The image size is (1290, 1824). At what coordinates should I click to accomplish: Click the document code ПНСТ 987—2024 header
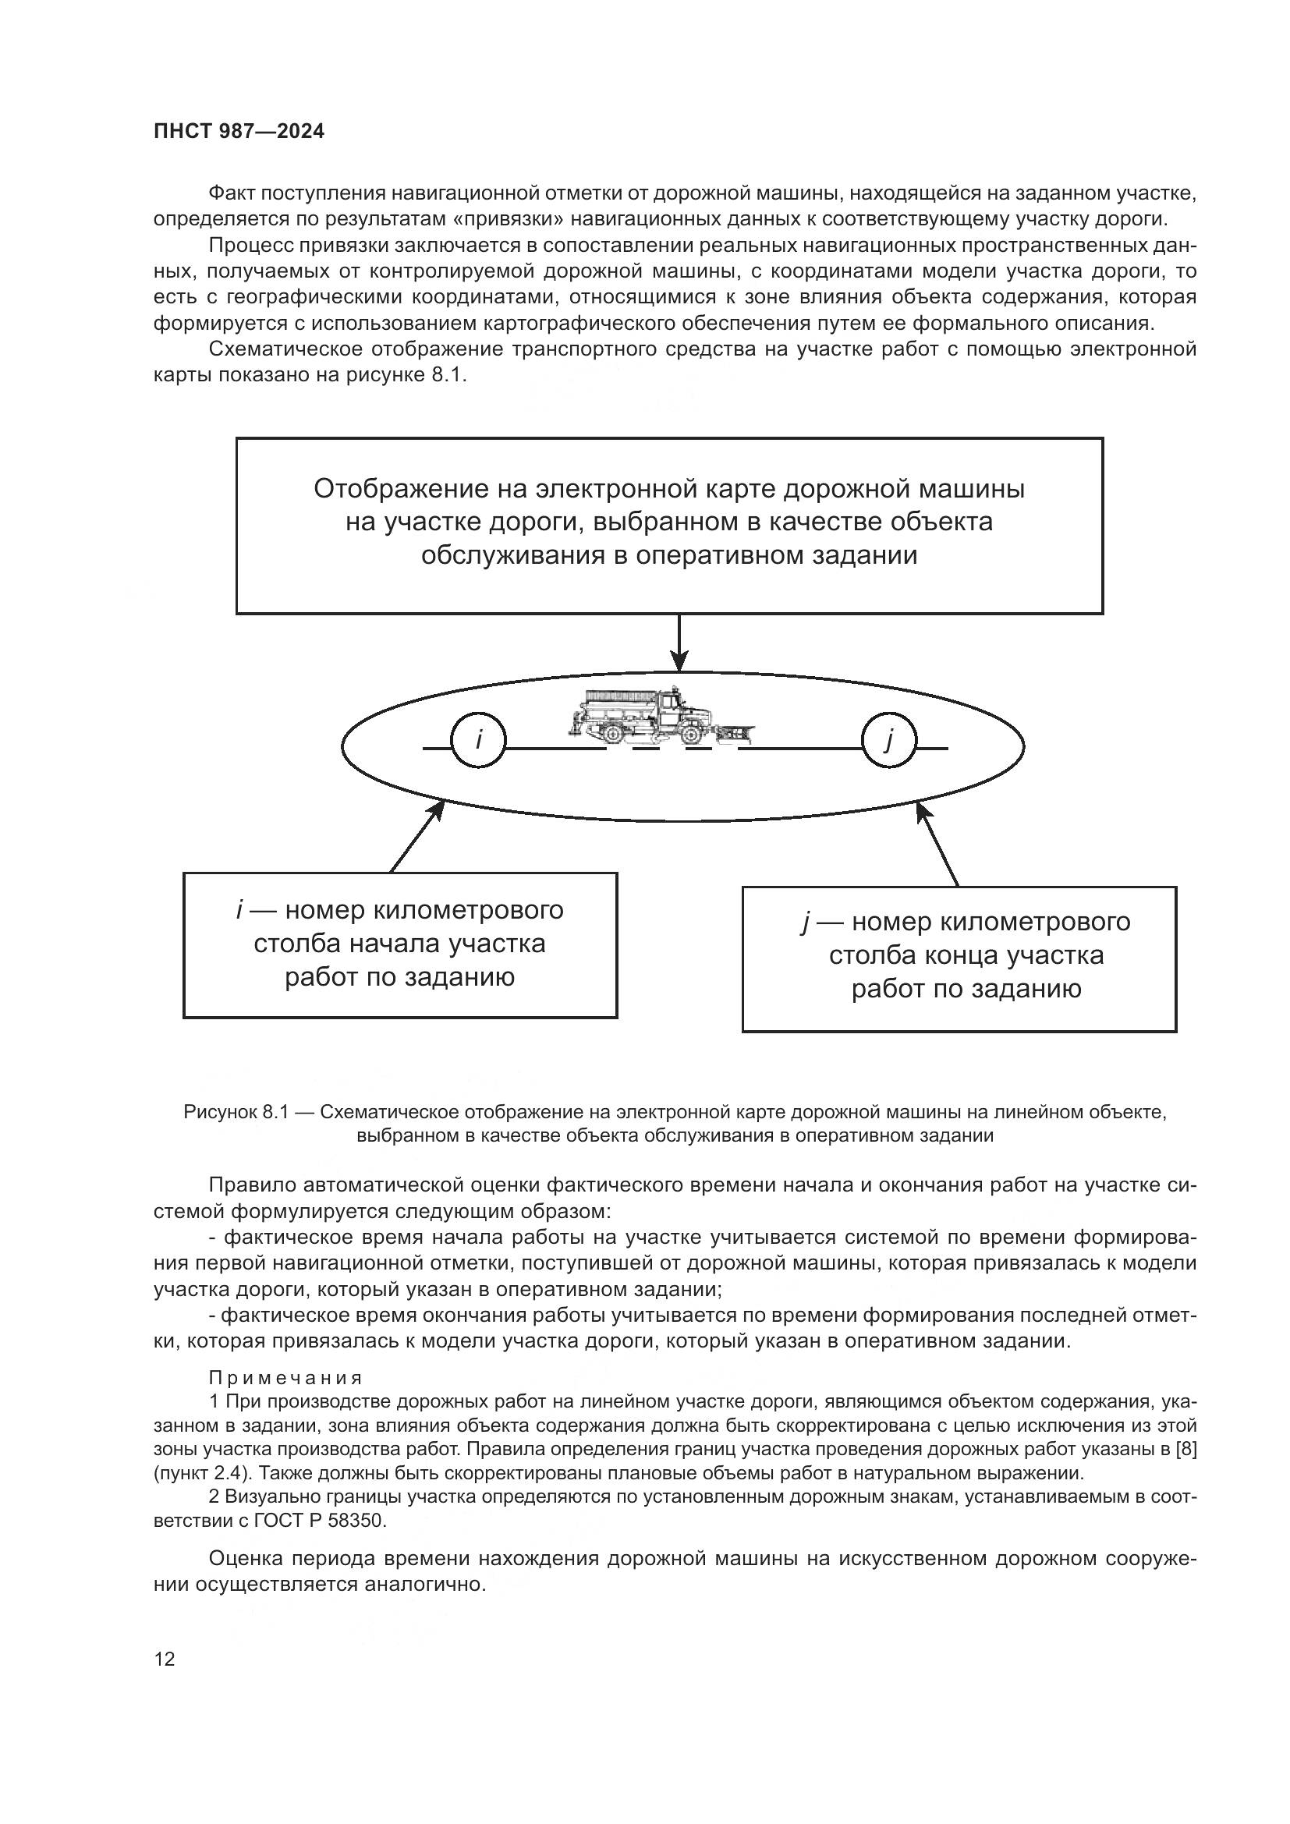[239, 132]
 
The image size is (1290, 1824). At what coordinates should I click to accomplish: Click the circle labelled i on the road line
[478, 741]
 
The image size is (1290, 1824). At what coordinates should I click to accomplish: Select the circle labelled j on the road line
[889, 741]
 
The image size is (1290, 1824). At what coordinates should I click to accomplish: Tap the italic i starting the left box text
[239, 909]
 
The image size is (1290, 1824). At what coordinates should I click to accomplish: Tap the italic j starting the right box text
[806, 923]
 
